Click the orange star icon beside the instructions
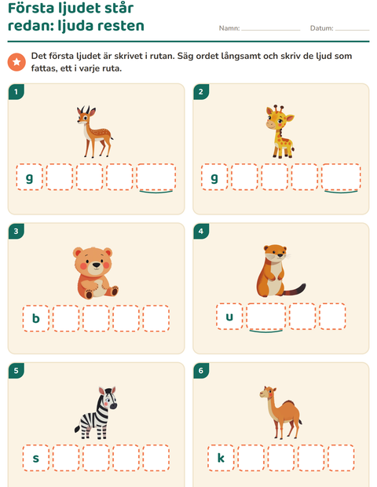[16, 62]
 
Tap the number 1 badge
[16, 92]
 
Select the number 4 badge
[201, 231]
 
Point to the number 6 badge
[201, 371]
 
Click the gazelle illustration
[94, 131]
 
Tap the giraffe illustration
[280, 131]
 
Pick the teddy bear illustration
[96, 273]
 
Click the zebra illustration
[96, 412]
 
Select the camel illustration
[280, 412]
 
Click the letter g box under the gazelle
[30, 177]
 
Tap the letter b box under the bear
[36, 318]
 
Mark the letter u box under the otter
[229, 317]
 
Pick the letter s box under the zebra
[36, 458]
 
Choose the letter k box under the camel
[221, 458]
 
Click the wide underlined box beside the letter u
[265, 317]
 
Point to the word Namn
[229, 28]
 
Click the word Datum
[321, 28]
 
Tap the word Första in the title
[31, 9]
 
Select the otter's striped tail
[295, 290]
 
